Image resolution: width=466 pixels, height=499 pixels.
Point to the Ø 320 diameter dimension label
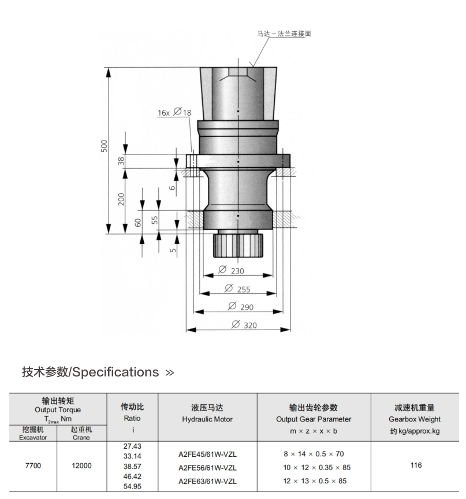click(244, 325)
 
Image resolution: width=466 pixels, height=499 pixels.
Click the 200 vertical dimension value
click(121, 199)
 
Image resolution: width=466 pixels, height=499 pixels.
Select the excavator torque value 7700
click(33, 465)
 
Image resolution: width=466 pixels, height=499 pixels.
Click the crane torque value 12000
click(81, 465)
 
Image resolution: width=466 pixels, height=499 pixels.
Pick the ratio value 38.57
click(132, 465)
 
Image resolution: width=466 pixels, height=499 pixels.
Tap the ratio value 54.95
click(132, 486)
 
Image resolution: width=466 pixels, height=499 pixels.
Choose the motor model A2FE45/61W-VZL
click(207, 454)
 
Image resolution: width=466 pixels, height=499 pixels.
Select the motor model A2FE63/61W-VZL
click(207, 480)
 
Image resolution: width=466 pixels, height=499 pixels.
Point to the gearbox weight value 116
click(416, 465)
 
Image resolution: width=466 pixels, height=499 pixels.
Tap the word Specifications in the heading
click(115, 372)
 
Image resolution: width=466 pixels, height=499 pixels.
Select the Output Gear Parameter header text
click(314, 419)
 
